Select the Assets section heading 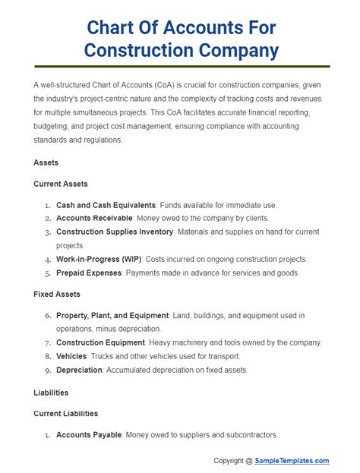click(x=46, y=162)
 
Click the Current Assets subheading click(x=61, y=184)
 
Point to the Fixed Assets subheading click(x=57, y=294)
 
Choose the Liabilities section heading click(x=52, y=393)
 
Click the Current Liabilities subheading click(x=66, y=414)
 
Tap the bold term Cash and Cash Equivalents click(x=106, y=205)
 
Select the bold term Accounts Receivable click(x=94, y=219)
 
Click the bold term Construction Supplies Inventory click(x=115, y=232)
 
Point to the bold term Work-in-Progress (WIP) click(x=97, y=259)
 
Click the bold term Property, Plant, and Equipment click(x=112, y=315)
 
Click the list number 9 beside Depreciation click(x=47, y=370)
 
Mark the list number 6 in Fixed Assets click(x=47, y=315)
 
